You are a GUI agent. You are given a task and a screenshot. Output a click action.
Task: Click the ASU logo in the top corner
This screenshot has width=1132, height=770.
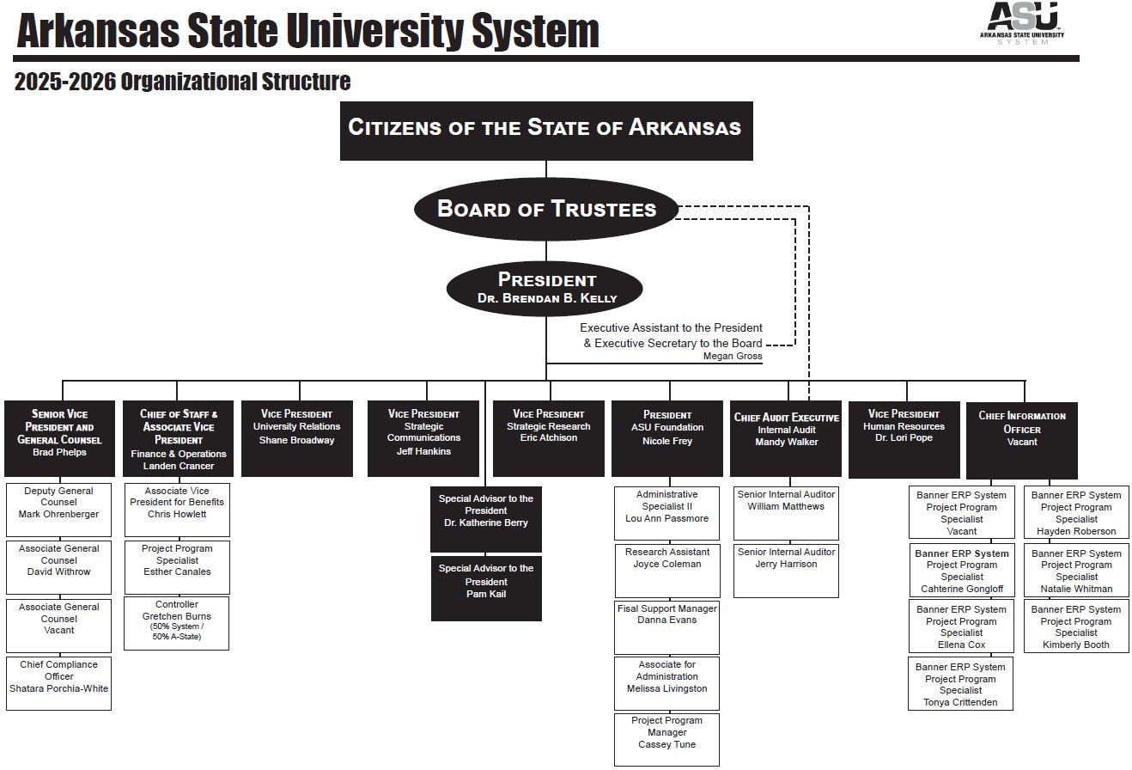point(1022,21)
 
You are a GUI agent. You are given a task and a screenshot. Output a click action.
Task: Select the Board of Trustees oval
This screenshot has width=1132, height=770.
point(546,209)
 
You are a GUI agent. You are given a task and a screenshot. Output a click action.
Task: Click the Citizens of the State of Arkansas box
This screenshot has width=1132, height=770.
point(546,131)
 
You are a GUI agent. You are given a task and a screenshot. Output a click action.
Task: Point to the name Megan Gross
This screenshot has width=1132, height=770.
point(732,356)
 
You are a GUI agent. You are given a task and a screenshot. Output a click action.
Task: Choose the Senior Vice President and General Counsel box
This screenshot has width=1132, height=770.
point(59,437)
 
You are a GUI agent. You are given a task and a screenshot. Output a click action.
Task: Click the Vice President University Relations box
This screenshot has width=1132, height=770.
point(296,437)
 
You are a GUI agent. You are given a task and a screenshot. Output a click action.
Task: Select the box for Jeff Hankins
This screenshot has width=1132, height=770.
point(423,437)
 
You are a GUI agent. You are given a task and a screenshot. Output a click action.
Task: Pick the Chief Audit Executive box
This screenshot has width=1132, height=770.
point(786,437)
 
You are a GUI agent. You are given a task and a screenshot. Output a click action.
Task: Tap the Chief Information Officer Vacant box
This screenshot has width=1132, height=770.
point(1021,439)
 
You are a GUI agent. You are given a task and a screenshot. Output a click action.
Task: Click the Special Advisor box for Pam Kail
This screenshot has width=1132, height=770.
point(486,587)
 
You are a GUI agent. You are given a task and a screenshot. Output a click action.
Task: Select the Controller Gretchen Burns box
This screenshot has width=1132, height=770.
point(177,622)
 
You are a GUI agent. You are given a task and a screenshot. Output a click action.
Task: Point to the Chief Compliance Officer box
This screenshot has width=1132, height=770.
point(58,682)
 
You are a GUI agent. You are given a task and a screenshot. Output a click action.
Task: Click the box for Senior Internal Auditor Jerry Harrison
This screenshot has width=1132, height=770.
point(786,569)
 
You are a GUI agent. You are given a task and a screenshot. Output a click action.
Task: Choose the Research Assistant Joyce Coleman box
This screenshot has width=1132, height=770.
point(666,569)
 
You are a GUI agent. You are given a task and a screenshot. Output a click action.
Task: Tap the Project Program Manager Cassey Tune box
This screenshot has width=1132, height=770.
point(666,738)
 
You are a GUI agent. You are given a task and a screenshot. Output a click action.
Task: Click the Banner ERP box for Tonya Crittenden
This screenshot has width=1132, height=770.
point(960,684)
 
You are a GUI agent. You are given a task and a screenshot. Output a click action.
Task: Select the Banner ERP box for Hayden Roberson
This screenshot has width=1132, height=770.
point(1076,513)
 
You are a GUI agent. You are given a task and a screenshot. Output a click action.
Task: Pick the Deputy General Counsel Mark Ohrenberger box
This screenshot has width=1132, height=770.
point(58,509)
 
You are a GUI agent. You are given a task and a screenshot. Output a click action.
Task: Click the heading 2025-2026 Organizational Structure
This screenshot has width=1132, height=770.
point(182,82)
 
